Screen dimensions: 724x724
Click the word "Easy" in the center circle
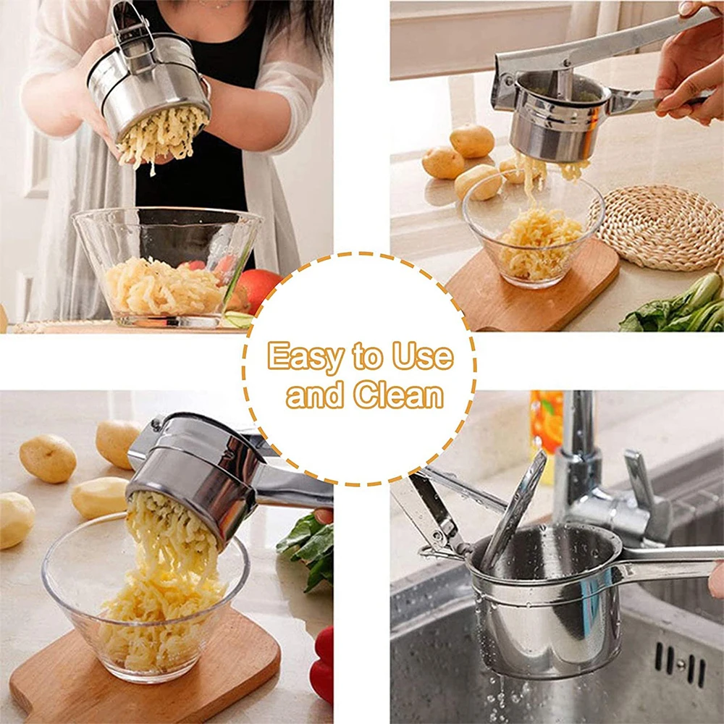coord(306,357)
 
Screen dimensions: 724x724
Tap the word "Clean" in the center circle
coord(398,395)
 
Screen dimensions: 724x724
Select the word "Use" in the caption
coord(423,355)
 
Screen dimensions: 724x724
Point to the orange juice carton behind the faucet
coord(547,434)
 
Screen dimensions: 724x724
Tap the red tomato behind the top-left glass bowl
coord(258,290)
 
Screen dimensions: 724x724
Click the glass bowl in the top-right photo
coord(534,230)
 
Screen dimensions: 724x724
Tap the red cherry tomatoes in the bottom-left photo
coord(323,665)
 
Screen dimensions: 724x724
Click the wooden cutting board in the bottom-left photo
coord(143,665)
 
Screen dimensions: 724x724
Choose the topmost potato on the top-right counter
coord(472,141)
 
